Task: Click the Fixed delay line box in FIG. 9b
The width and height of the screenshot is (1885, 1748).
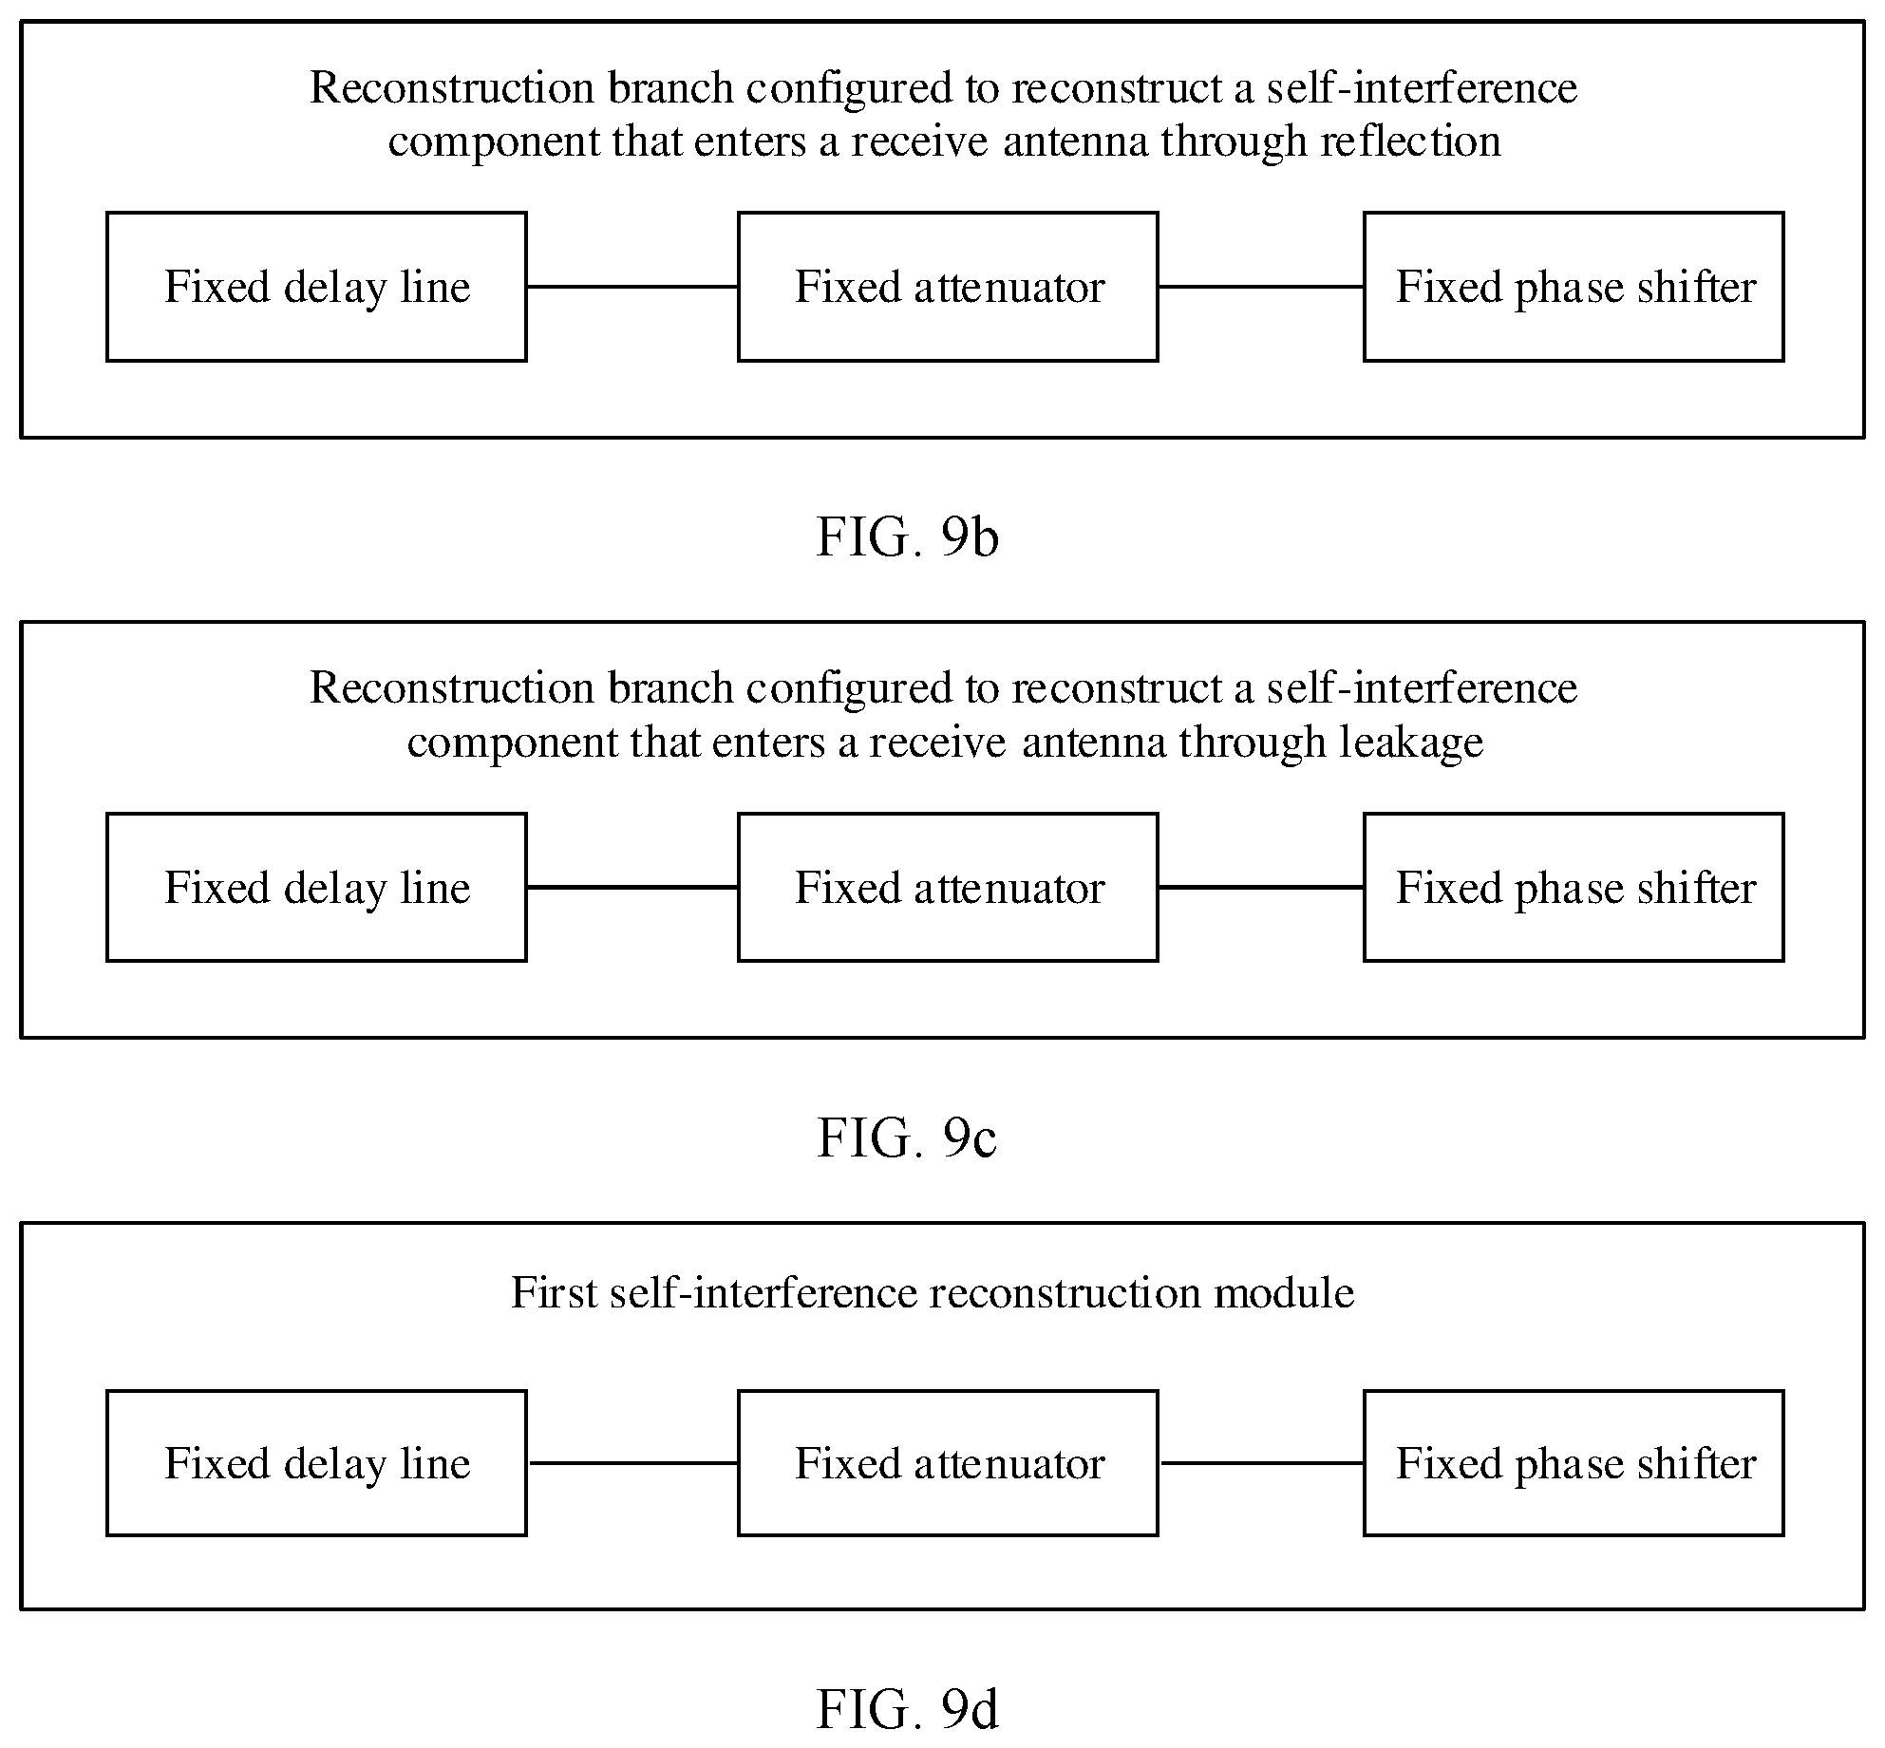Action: coord(316,287)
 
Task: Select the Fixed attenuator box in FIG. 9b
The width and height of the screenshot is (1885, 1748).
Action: coord(948,287)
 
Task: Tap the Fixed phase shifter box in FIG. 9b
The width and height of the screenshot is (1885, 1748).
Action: coord(1574,287)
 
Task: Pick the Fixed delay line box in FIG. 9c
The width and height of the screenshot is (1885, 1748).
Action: coord(316,887)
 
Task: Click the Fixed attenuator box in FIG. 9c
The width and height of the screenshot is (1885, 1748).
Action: coord(948,887)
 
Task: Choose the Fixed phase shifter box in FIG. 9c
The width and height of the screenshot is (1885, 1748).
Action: coord(1574,887)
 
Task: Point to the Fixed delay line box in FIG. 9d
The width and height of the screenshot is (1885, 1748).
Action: coord(316,1463)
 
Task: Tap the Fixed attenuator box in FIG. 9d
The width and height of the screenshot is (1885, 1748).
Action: coord(948,1463)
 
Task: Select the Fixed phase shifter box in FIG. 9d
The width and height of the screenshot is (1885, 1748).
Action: coord(1574,1463)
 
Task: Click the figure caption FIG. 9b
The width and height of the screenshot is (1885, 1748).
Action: coord(907,537)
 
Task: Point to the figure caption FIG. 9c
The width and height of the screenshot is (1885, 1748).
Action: coord(907,1137)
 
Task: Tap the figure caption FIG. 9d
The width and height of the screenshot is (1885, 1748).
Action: coord(907,1710)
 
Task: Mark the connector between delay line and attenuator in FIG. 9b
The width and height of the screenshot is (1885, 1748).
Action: coord(632,287)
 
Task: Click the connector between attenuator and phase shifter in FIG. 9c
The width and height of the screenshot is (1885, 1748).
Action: coord(1261,887)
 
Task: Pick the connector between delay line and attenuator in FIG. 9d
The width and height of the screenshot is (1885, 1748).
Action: coord(632,1463)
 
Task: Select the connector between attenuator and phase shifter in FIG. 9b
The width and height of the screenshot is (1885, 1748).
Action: coord(1261,287)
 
